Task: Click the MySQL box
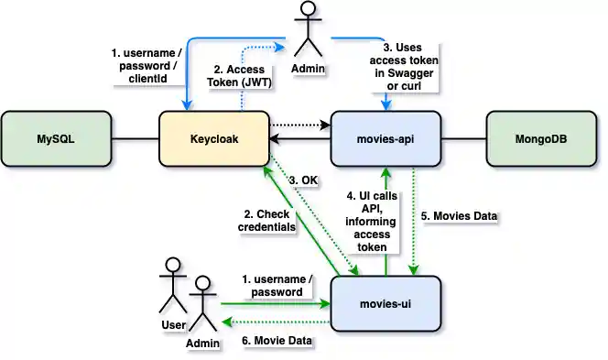pos(56,139)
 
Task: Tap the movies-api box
pos(385,139)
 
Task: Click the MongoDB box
pos(541,139)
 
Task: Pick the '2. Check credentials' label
pos(267,220)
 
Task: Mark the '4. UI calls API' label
pos(366,220)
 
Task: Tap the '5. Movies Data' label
pos(460,217)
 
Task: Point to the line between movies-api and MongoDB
pos(463,139)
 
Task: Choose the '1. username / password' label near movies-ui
pos(272,285)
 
